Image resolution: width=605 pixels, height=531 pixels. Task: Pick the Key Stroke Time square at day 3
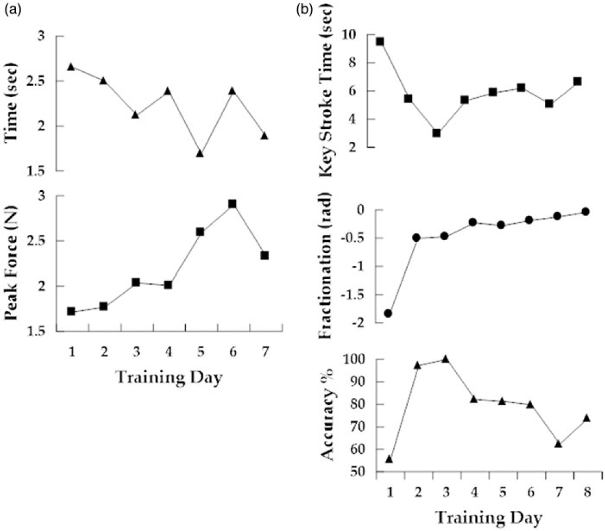436,133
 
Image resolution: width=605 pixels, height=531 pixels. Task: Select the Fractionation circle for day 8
585,211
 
